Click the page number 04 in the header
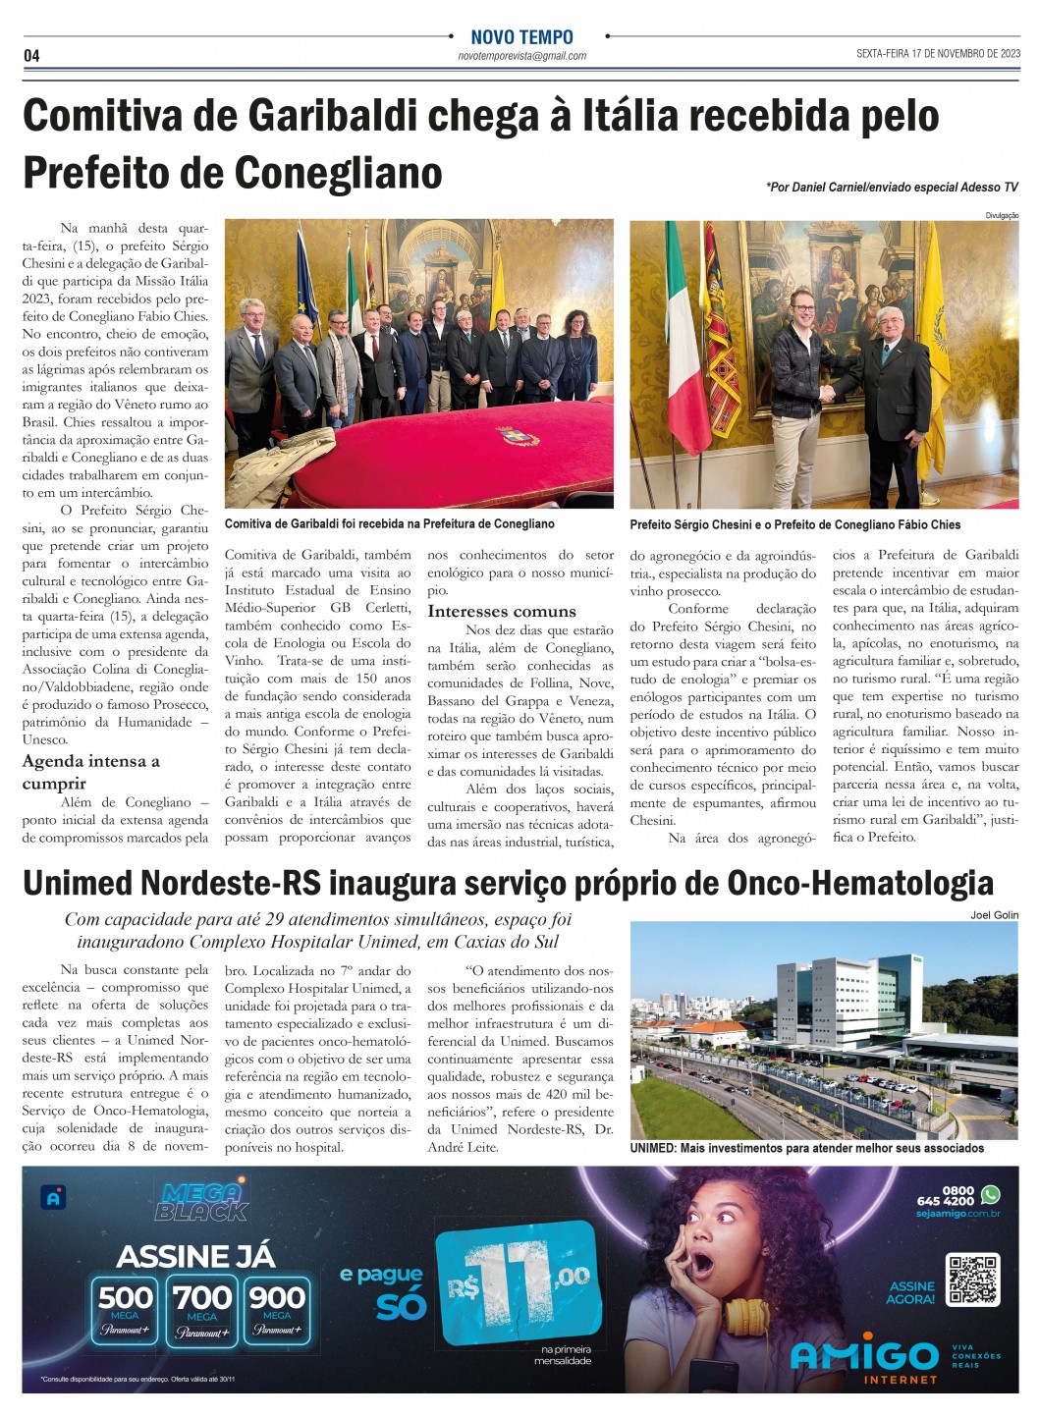[31, 56]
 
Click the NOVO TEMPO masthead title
[521, 37]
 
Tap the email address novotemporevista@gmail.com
[521, 56]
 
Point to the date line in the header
[938, 54]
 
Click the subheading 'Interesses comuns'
[502, 612]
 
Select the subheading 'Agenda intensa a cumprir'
[90, 772]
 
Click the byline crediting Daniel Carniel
[892, 187]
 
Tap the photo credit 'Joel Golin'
[994, 915]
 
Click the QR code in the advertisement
[972, 1280]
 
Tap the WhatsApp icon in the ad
[990, 1195]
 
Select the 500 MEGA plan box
[126, 1307]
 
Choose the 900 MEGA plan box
[277, 1307]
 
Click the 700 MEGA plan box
[201, 1307]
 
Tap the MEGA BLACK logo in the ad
[201, 1202]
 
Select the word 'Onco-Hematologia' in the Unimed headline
[859, 883]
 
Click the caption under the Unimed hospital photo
[806, 1148]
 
